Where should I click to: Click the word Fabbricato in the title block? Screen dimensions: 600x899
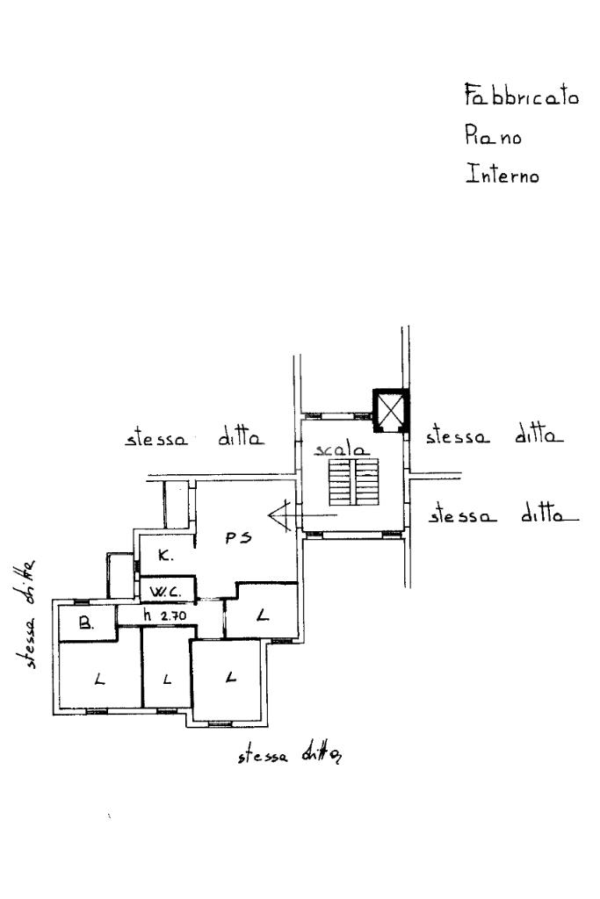(x=521, y=95)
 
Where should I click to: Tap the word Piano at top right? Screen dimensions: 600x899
(x=493, y=135)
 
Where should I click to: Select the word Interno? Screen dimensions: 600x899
(x=502, y=174)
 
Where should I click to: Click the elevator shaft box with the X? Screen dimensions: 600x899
(x=391, y=411)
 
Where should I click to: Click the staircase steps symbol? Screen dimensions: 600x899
(x=353, y=482)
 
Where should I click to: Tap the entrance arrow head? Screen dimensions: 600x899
(x=278, y=514)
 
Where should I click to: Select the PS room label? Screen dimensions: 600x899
(x=238, y=538)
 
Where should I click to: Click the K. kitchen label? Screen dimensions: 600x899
(x=165, y=555)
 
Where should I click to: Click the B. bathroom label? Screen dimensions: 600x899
(x=86, y=623)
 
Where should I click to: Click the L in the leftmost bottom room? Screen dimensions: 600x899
(x=100, y=680)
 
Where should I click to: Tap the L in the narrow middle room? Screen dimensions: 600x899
(x=167, y=680)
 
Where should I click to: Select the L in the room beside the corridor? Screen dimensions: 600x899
(x=262, y=615)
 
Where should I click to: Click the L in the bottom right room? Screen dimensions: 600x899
(x=230, y=677)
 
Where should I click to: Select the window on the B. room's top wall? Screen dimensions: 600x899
(x=82, y=601)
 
